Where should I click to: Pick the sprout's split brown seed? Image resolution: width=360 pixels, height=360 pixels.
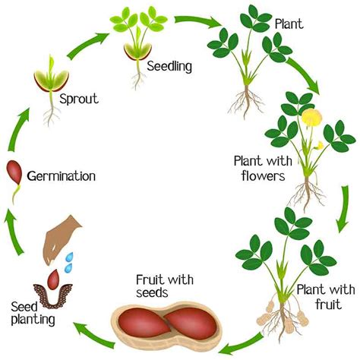48,82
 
